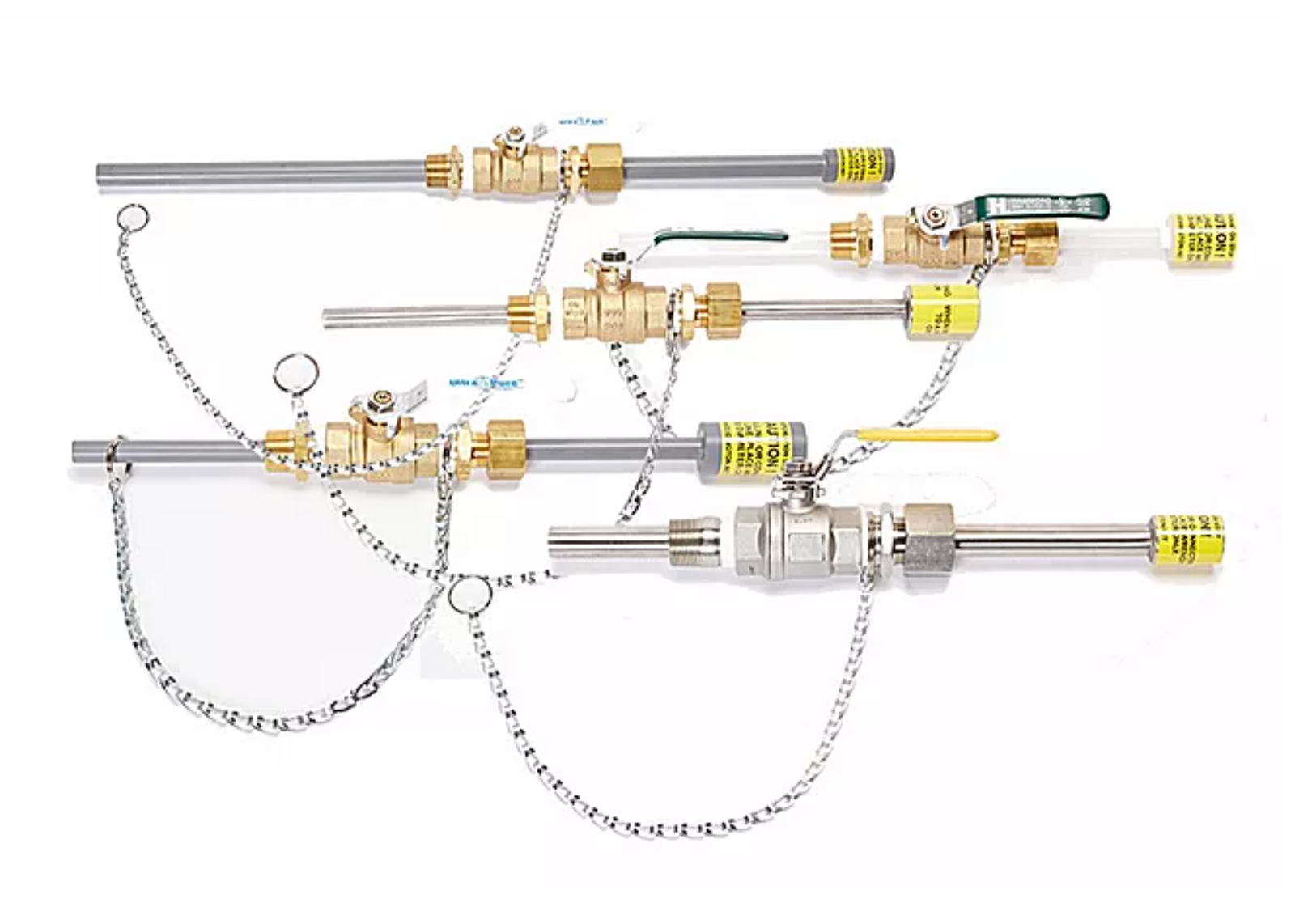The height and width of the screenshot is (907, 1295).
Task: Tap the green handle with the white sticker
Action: (x=1044, y=206)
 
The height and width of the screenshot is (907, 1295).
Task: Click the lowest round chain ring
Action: (x=469, y=595)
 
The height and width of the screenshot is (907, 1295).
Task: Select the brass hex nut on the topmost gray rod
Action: (x=604, y=167)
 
